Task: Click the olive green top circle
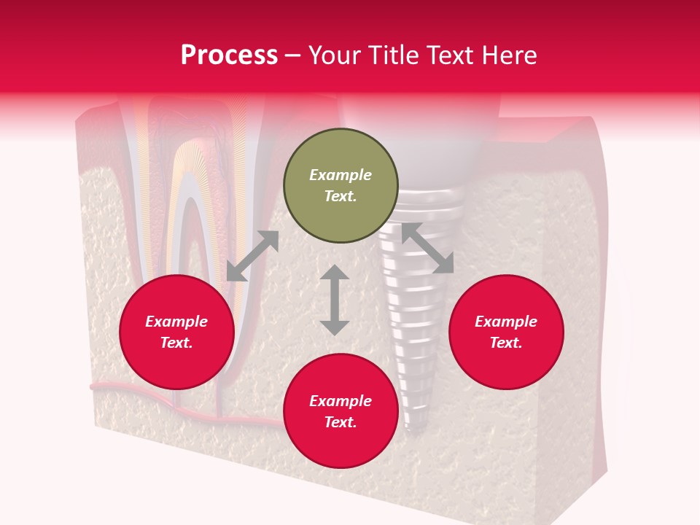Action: [x=341, y=186]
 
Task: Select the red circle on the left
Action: [x=176, y=332]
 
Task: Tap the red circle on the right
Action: [x=506, y=332]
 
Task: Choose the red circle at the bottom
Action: [x=341, y=411]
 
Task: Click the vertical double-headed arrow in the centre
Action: [x=335, y=300]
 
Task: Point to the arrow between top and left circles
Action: [x=252, y=256]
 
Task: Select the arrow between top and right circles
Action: [x=427, y=249]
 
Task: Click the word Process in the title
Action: [x=229, y=55]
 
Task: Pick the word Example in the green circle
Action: [x=341, y=175]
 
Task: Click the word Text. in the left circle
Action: [x=176, y=343]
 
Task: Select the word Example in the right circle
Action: [x=506, y=322]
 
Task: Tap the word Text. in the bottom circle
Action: [x=341, y=422]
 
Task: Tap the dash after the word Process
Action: [x=292, y=55]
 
